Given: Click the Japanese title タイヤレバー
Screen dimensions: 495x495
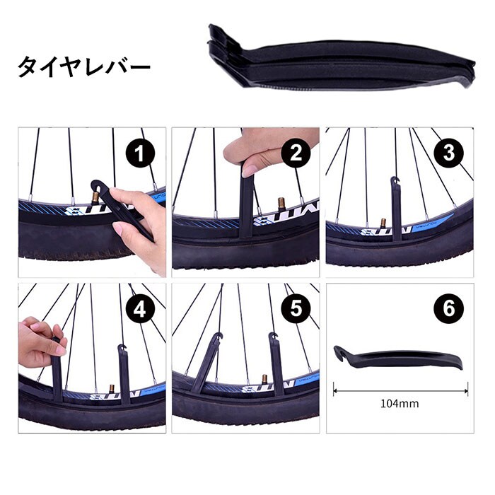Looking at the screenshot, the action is pyautogui.click(x=83, y=66).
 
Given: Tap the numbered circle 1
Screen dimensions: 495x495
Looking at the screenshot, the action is pyautogui.click(x=140, y=153).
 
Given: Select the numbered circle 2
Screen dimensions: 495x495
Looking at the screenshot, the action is pyautogui.click(x=296, y=153).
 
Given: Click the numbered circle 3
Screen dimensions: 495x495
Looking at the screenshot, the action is pyautogui.click(x=449, y=153).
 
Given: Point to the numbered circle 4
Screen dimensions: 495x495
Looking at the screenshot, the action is pyautogui.click(x=140, y=310).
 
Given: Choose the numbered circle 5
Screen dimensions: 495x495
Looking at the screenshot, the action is pyautogui.click(x=296, y=308).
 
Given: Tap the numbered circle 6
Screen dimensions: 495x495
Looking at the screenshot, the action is pyautogui.click(x=449, y=308).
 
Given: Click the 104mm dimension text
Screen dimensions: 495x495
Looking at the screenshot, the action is pyautogui.click(x=400, y=404).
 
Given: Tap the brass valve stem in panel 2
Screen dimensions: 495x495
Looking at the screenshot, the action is pyautogui.click(x=281, y=205).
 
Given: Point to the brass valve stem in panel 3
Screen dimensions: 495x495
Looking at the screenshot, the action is pyautogui.click(x=383, y=223).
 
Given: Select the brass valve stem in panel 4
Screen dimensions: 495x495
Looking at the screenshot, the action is pyautogui.click(x=112, y=389).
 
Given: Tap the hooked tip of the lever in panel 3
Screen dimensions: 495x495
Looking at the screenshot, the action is pyautogui.click(x=395, y=181).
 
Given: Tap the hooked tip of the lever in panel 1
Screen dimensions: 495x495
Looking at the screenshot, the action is pyautogui.click(x=95, y=185).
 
